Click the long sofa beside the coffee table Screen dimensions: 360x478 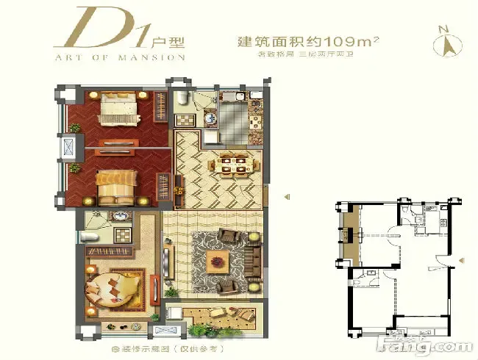(x=254, y=257)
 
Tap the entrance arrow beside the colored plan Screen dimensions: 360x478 (x=288, y=195)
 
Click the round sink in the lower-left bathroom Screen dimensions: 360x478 (x=120, y=218)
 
